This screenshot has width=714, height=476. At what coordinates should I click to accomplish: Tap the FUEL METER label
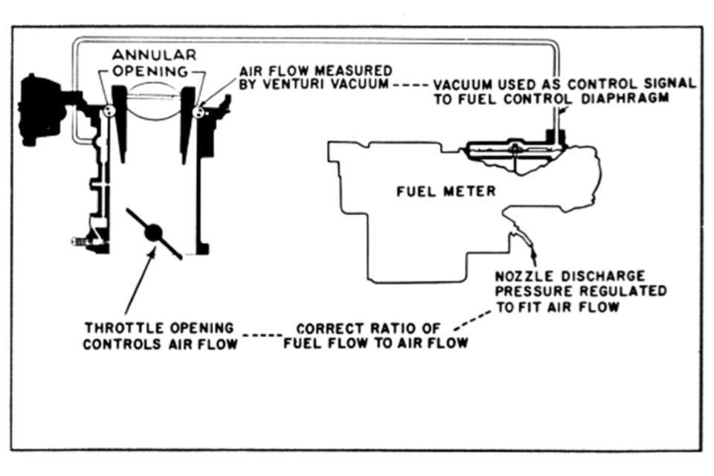pos(446,192)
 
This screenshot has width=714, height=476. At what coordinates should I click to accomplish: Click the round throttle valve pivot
pos(154,233)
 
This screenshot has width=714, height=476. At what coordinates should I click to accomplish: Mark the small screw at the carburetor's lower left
pos(78,241)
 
